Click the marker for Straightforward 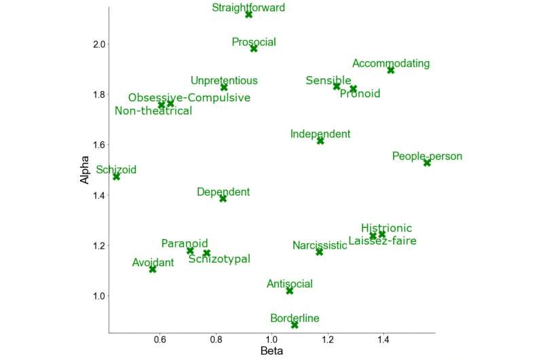coord(249,14)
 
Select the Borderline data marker coord(295,325)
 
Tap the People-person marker coord(427,162)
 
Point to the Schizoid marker coord(117,176)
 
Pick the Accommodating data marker coord(391,70)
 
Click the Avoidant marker coord(153,269)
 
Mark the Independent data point coord(320,141)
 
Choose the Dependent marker coord(223,198)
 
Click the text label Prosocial coord(254,42)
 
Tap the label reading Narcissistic coord(320,245)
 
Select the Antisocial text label coord(290,284)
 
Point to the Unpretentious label coord(224,81)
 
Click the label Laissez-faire coord(382,241)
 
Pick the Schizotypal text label coord(219,259)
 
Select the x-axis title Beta coord(271,351)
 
